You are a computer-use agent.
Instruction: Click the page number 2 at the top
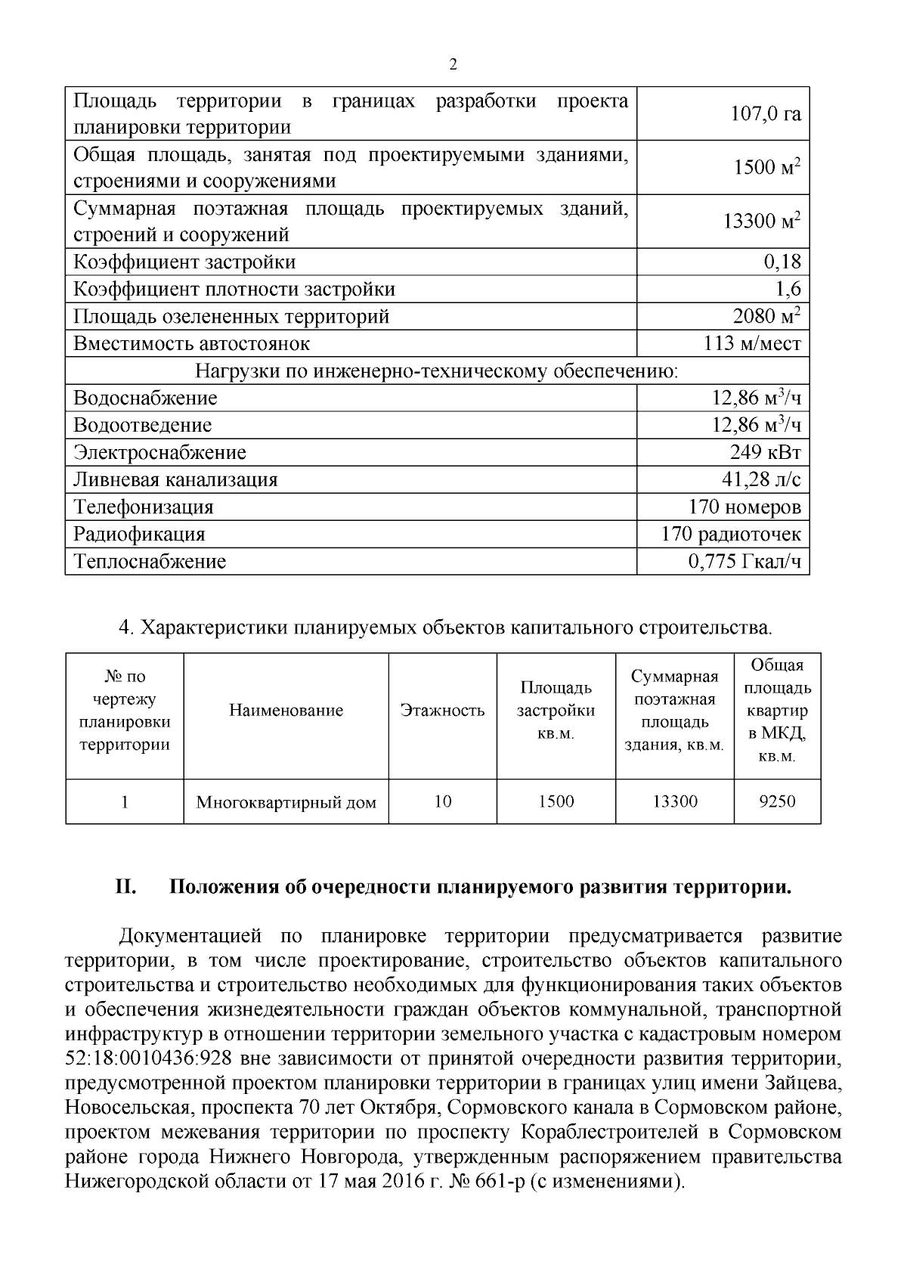click(x=453, y=65)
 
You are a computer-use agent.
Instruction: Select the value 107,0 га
click(x=765, y=114)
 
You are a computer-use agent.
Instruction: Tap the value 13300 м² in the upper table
click(x=761, y=222)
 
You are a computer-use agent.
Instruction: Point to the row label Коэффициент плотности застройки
click(x=234, y=290)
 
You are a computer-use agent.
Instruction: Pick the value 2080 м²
click(x=766, y=316)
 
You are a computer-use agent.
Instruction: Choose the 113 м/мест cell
click(x=752, y=344)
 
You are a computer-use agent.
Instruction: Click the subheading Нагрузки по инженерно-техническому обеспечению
click(x=437, y=371)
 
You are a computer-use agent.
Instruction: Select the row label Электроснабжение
click(x=159, y=453)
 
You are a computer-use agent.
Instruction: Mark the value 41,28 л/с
click(x=761, y=480)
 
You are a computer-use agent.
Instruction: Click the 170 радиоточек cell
click(x=730, y=535)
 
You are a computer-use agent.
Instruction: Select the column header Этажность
click(x=443, y=711)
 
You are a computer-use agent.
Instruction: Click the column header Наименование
click(x=286, y=711)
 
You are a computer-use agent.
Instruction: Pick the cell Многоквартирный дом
click(x=286, y=802)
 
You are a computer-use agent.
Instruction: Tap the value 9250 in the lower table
click(x=777, y=801)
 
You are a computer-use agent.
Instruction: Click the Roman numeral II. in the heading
click(x=125, y=887)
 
